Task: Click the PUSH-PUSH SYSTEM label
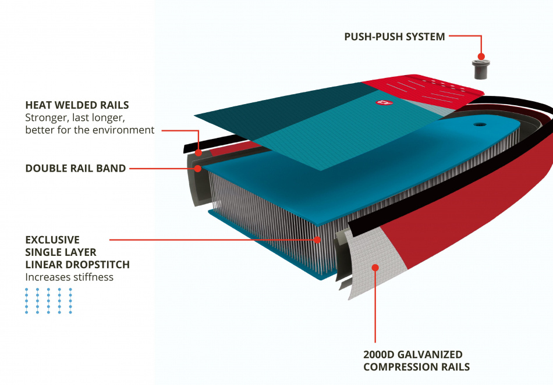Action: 395,37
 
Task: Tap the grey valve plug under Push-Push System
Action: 481,67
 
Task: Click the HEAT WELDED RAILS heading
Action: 77,105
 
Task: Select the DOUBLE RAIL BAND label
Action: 76,169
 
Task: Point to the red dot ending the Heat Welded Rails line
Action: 198,153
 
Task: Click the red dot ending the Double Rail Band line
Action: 198,169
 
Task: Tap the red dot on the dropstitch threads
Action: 317,239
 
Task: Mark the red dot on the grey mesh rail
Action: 375,268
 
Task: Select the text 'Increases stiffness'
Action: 69,277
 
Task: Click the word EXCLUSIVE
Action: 52,240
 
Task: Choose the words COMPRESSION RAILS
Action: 416,367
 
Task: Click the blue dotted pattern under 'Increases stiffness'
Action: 49,301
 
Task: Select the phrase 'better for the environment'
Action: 90,130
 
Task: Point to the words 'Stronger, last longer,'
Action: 75,117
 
